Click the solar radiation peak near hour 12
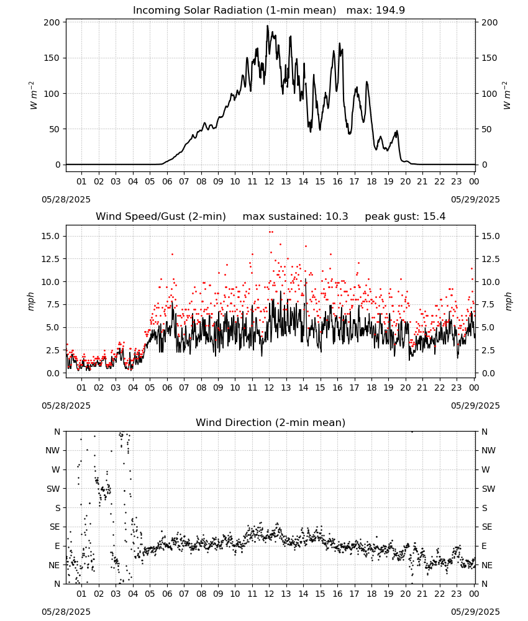pos(267,26)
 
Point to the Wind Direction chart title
pos(271,422)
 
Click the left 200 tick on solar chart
pos(52,22)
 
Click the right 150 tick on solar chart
pos(489,58)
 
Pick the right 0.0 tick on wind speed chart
pos(488,373)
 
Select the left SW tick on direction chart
pos(53,489)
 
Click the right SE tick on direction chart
pos(487,527)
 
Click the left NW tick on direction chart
pos(53,450)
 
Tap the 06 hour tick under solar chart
pos(167,181)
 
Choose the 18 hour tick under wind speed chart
pos(371,388)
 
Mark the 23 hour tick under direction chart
pos(457,594)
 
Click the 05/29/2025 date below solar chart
pos(475,199)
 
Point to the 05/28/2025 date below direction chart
pos(66,612)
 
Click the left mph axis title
pos(31,302)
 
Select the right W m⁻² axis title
pos(507,96)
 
